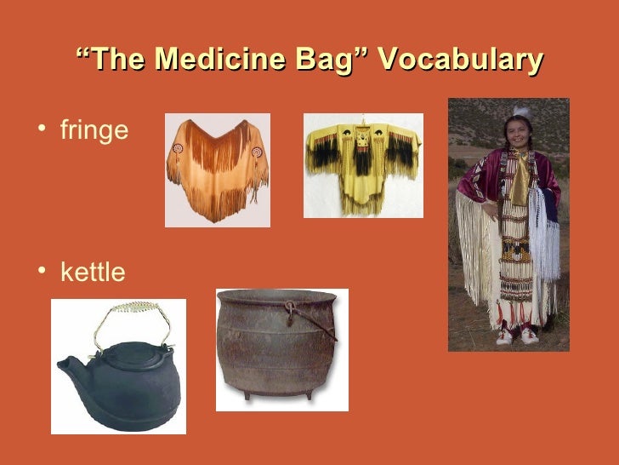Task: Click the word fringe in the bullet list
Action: pos(94,131)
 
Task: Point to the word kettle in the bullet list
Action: pos(93,273)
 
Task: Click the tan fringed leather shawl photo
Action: pos(217,170)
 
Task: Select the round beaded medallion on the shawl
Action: pos(179,148)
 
